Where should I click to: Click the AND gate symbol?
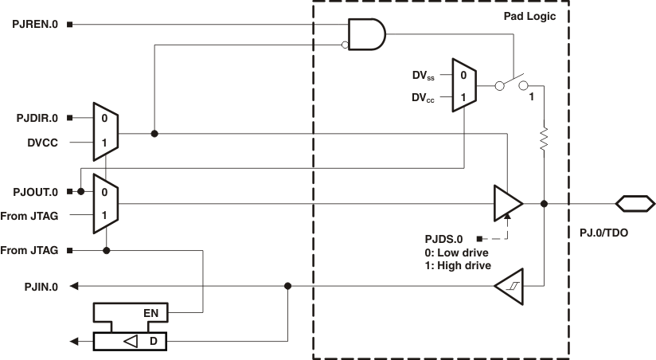[x=368, y=34]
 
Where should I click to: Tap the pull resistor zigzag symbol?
[x=544, y=139]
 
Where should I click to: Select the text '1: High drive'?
[x=459, y=265]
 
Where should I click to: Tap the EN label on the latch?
[x=151, y=313]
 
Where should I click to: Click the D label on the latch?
[x=152, y=342]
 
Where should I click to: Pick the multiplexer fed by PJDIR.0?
[x=106, y=131]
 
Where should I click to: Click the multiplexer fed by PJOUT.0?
[x=106, y=204]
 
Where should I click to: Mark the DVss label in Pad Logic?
[x=424, y=76]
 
